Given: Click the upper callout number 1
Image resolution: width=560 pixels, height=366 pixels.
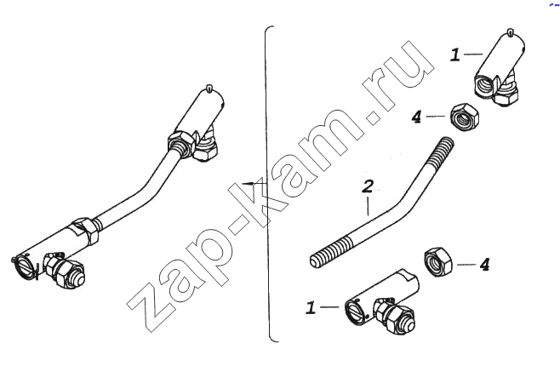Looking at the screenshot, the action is click(455, 55).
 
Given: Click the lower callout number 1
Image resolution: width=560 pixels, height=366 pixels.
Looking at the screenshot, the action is click(311, 307).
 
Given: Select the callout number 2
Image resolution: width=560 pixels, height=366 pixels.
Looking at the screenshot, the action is click(368, 186).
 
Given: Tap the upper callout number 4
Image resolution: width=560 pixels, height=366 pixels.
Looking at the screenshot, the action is click(417, 117).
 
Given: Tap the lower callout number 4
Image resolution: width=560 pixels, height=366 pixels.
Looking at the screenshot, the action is click(484, 265).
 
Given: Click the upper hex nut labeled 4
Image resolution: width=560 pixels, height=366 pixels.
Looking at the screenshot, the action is click(465, 117).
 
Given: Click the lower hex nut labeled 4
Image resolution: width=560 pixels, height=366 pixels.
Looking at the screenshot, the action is click(438, 262).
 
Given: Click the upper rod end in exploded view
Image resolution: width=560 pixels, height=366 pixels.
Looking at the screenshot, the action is click(500, 68).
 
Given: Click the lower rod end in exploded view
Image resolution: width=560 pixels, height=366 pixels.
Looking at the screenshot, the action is click(381, 302).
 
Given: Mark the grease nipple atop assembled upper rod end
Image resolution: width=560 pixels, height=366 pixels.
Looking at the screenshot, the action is click(209, 88).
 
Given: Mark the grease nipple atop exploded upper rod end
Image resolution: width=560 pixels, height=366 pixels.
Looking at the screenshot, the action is click(511, 32).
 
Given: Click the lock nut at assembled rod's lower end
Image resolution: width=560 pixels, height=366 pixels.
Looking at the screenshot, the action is click(85, 231).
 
